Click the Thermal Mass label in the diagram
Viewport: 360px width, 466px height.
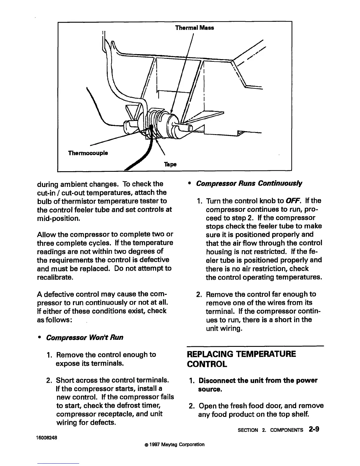click(x=194, y=28)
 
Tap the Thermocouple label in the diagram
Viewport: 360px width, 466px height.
click(x=88, y=153)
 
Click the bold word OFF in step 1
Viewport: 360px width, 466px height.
click(x=291, y=201)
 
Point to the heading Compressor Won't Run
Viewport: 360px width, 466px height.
click(x=85, y=337)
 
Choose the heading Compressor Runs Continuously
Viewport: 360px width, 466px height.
click(x=249, y=184)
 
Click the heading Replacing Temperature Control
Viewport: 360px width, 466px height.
click(x=241, y=359)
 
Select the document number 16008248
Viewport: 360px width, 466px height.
click(x=47, y=437)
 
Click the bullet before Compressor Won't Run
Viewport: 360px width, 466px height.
click(x=39, y=337)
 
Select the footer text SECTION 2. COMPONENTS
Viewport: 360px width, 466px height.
click(x=270, y=430)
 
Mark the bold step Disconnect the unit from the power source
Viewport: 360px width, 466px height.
click(x=258, y=385)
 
